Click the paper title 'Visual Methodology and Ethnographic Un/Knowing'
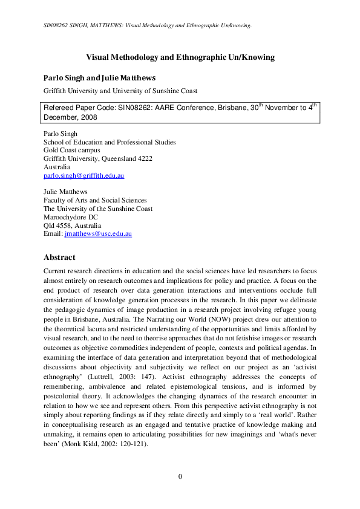180,57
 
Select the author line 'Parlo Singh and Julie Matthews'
100,78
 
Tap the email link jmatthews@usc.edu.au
98,233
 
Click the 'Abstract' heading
59,256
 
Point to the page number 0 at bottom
180,477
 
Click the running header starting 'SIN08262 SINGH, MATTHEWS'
148,25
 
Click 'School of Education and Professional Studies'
110,142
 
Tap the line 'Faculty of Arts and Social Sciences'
95,200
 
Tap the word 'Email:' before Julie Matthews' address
53,233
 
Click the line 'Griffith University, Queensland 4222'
98,159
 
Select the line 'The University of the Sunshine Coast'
98,209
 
